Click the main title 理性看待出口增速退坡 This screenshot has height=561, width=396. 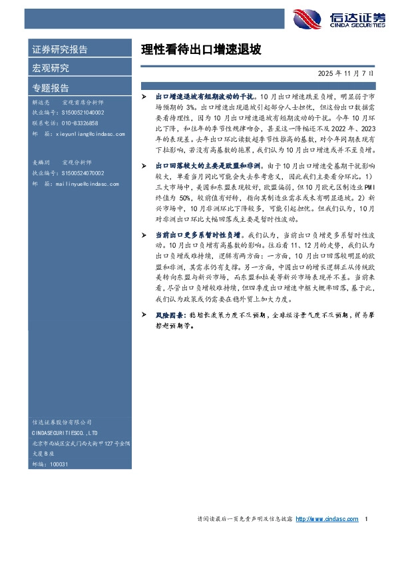tap(201, 49)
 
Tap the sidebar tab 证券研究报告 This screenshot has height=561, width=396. tap(60, 49)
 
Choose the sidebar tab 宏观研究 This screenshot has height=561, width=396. tap(51, 68)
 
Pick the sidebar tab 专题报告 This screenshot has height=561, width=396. tap(51, 87)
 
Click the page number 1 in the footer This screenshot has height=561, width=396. tap(367, 519)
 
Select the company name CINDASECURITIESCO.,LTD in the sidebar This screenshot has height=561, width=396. tap(65, 432)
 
